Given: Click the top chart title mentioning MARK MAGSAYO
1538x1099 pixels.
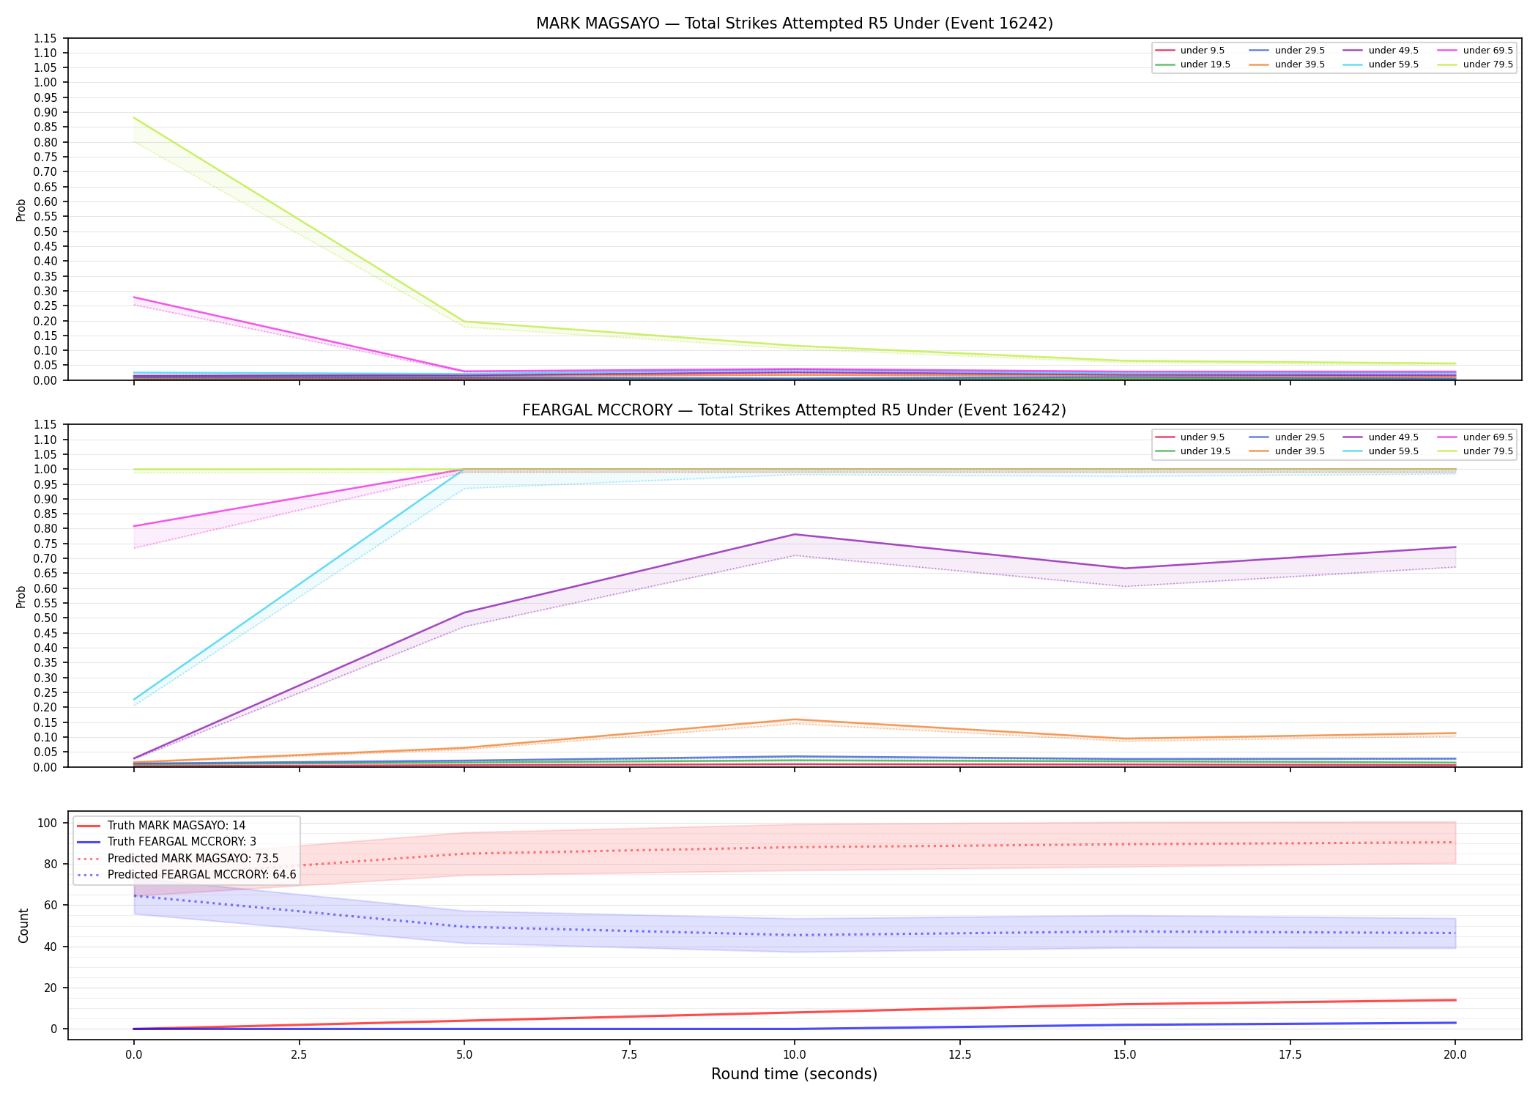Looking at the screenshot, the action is pyautogui.click(x=795, y=23).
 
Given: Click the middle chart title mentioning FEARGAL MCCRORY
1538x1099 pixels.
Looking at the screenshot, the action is pyautogui.click(x=795, y=410).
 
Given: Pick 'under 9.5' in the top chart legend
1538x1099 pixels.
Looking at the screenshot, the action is pyautogui.click(x=1203, y=51).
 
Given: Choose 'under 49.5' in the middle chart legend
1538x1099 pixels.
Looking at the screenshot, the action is pyautogui.click(x=1394, y=437).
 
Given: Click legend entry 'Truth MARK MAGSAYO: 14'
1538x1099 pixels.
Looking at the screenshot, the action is pyautogui.click(x=177, y=826).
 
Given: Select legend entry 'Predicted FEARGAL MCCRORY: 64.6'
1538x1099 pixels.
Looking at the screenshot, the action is pyautogui.click(x=202, y=875).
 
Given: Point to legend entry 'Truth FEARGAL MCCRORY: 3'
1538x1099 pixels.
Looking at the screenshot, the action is pyautogui.click(x=182, y=842).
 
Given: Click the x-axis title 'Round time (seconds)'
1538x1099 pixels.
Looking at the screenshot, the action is pyautogui.click(x=795, y=1074).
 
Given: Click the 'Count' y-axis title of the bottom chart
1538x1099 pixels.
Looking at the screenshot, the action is pyautogui.click(x=23, y=925).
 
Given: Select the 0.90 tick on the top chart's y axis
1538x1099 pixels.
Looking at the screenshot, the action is pyautogui.click(x=45, y=112).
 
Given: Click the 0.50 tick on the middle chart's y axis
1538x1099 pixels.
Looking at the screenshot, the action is pyautogui.click(x=45, y=618).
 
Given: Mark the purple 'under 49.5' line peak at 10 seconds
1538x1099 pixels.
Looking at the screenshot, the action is pyautogui.click(x=795, y=534).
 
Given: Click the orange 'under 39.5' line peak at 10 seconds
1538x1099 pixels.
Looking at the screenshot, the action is pyautogui.click(x=795, y=719).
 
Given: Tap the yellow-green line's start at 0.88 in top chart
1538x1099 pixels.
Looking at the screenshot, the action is pyautogui.click(x=134, y=118).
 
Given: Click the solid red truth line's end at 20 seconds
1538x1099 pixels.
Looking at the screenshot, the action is pyautogui.click(x=1455, y=1000).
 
